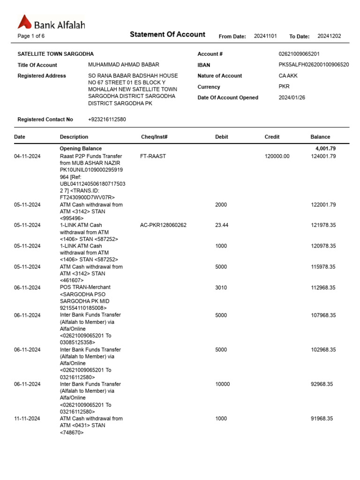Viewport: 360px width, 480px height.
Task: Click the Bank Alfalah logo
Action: [51, 23]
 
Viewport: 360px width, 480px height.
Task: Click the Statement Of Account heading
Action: [167, 34]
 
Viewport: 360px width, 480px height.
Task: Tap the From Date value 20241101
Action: [266, 36]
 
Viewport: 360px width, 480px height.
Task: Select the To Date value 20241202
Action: [329, 36]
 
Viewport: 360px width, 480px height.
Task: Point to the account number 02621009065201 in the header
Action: [299, 54]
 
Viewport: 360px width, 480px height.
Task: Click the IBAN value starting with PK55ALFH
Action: [313, 65]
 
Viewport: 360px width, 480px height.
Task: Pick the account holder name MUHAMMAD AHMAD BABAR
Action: [123, 65]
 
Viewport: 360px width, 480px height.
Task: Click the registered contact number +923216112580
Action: [107, 120]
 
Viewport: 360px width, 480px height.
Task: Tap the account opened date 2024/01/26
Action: [291, 97]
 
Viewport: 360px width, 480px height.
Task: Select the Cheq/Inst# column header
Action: [154, 137]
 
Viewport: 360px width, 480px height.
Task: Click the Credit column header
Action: [272, 137]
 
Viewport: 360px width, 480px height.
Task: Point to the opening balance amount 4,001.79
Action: [325, 149]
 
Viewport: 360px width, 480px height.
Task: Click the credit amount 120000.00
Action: [277, 156]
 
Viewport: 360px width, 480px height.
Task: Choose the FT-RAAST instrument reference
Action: [153, 156]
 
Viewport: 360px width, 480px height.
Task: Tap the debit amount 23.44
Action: [222, 225]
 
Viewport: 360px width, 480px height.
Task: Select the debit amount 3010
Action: [221, 287]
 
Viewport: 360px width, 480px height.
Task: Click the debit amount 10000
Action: [222, 384]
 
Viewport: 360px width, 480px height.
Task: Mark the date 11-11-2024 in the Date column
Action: [27, 419]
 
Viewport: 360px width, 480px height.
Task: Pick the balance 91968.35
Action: [322, 419]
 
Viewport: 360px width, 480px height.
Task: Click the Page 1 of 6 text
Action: [31, 36]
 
